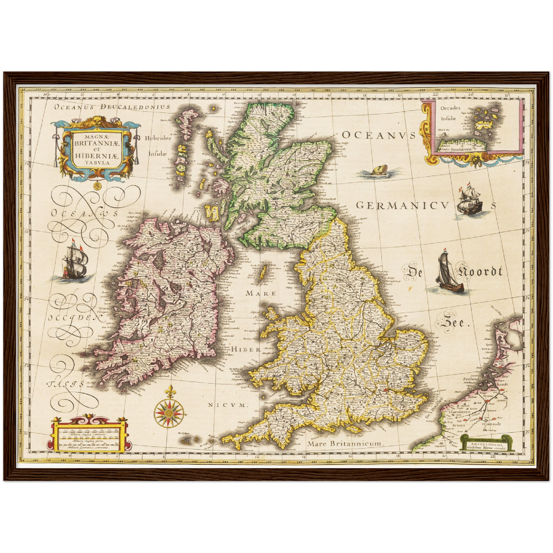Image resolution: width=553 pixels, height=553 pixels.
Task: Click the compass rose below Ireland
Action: [169, 413]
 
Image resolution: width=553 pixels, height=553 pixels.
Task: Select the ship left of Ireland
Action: [75, 261]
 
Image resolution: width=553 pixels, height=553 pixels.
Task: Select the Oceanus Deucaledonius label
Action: [112, 107]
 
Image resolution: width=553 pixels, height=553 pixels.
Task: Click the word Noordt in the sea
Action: [480, 272]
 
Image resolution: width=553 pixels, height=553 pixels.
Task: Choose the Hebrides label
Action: [158, 138]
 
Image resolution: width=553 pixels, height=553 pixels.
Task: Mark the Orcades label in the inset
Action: [450, 108]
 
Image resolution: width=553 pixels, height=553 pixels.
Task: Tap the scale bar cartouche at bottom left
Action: [89, 435]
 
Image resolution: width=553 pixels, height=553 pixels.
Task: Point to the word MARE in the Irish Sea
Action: [261, 293]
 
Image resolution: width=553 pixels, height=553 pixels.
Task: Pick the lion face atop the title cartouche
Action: [94, 122]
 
